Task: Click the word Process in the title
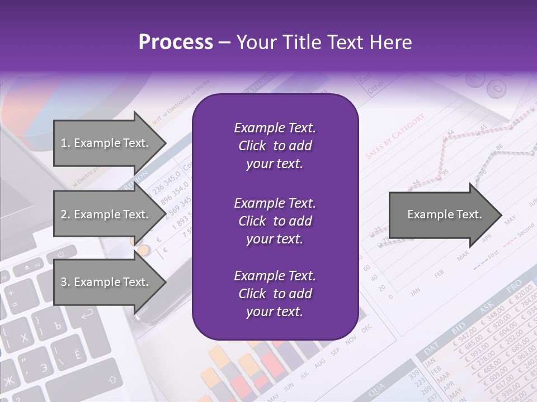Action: click(x=176, y=42)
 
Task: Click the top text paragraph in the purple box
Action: click(x=275, y=146)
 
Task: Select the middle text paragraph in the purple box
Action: click(x=275, y=221)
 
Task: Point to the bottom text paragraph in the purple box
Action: click(x=275, y=294)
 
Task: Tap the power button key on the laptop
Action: click(x=59, y=255)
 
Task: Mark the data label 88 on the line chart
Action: click(x=499, y=147)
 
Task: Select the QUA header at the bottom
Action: click(x=378, y=385)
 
